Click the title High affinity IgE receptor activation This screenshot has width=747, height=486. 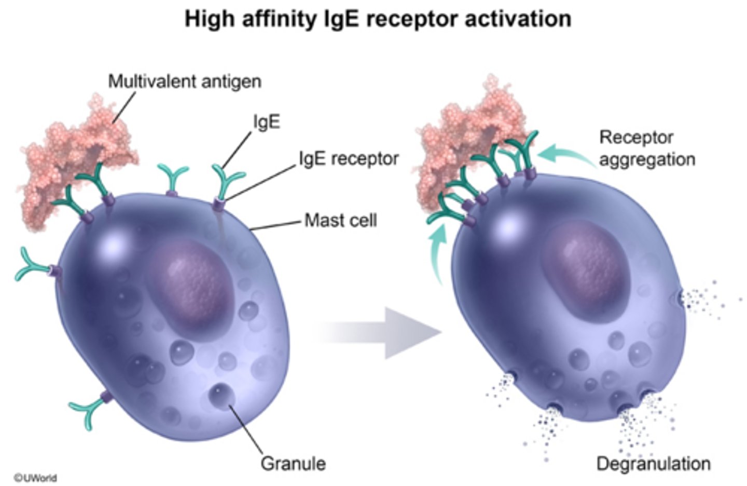(x=378, y=19)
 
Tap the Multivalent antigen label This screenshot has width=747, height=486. (x=184, y=82)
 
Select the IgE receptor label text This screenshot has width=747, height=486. (x=349, y=158)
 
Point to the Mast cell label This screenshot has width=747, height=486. (x=340, y=220)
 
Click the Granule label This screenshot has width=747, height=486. (x=293, y=463)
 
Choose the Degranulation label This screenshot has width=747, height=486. (x=653, y=463)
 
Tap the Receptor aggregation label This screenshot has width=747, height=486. (x=646, y=148)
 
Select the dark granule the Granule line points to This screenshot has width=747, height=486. (x=222, y=396)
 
